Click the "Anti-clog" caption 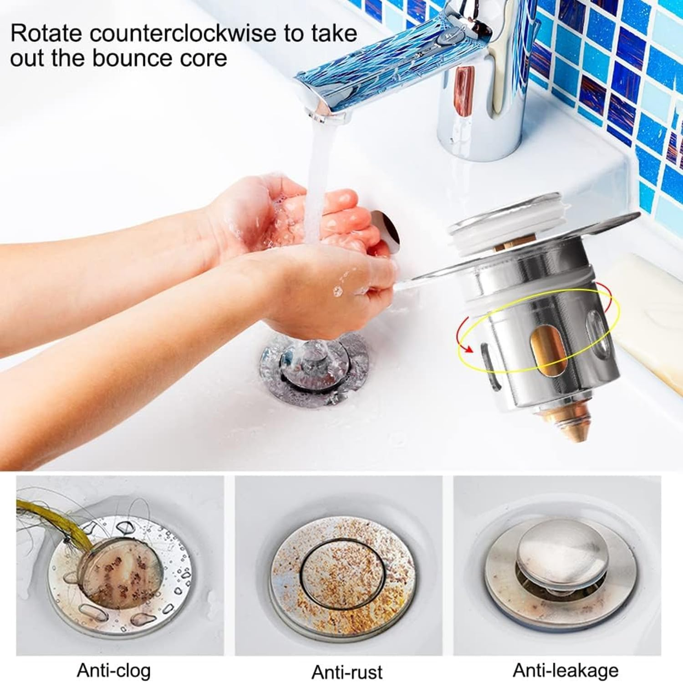tap(113, 670)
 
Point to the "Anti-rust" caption tap(347, 671)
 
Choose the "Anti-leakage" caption tap(566, 670)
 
